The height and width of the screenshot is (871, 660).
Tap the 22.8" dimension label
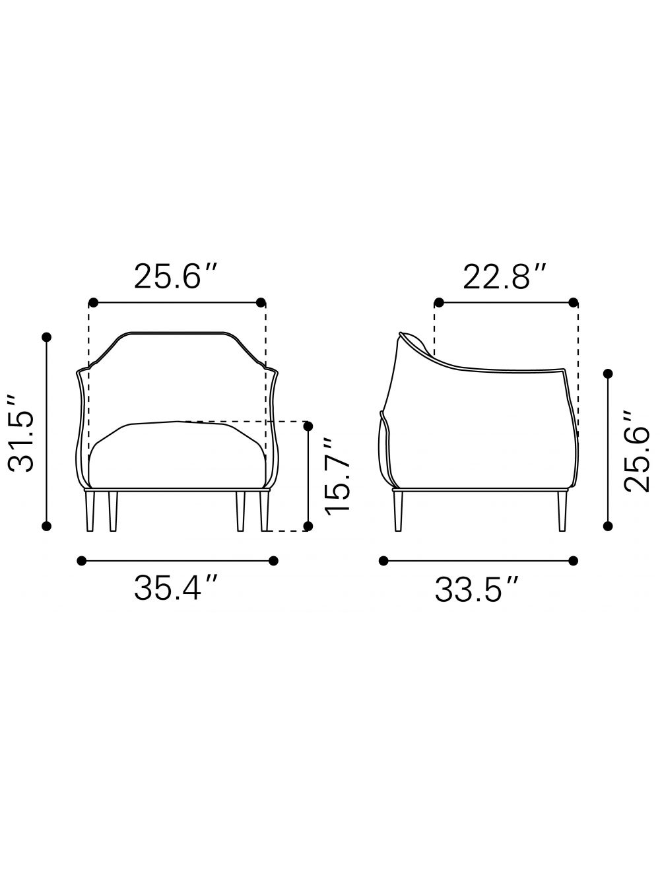tap(505, 276)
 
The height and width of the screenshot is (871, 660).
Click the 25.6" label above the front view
tap(176, 276)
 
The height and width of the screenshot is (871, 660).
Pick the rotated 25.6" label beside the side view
tap(636, 451)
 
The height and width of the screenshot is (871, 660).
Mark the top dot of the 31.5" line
tap(46, 337)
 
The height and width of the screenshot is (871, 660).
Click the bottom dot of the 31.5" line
tap(46, 526)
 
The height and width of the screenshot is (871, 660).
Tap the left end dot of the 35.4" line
tap(81, 561)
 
